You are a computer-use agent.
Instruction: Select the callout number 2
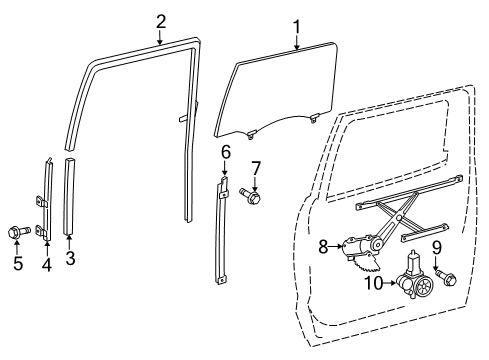click(161, 20)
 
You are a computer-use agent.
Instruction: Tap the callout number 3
click(69, 260)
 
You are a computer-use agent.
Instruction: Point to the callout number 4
click(45, 264)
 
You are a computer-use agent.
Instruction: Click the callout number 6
click(226, 151)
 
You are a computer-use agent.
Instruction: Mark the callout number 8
click(323, 244)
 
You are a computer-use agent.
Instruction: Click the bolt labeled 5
click(18, 232)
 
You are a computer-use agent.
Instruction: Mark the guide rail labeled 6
click(223, 230)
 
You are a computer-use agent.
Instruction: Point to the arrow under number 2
click(161, 37)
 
